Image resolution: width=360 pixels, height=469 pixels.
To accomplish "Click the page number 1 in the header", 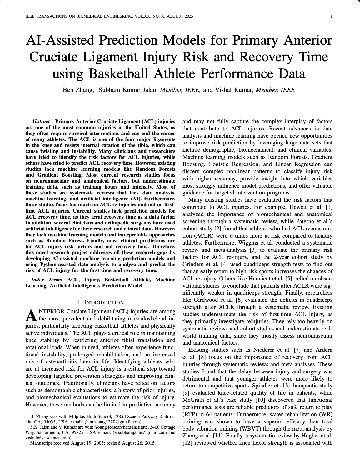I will [x=331, y=17].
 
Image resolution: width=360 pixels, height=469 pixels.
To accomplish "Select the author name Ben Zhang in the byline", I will [x=78, y=90].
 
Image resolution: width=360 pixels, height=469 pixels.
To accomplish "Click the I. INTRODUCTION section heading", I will [x=100, y=302].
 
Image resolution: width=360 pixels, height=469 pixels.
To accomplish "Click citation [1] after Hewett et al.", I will [x=329, y=207].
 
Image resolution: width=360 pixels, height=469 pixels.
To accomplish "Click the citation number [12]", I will [x=187, y=443].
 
